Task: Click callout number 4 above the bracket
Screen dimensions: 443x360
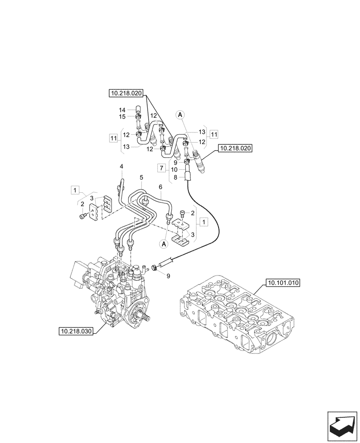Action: click(121, 166)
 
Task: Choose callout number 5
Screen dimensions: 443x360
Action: click(141, 177)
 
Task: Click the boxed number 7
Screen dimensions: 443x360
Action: click(162, 168)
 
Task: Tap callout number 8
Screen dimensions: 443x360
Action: click(176, 177)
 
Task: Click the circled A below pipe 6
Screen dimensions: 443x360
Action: click(164, 243)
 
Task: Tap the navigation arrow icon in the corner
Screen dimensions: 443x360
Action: click(342, 425)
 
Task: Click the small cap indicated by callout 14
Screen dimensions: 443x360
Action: click(137, 109)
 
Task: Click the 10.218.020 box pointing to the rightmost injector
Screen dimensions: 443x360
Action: click(235, 149)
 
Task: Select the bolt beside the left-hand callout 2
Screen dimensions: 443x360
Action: click(82, 216)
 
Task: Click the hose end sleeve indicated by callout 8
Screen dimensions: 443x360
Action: click(188, 176)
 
